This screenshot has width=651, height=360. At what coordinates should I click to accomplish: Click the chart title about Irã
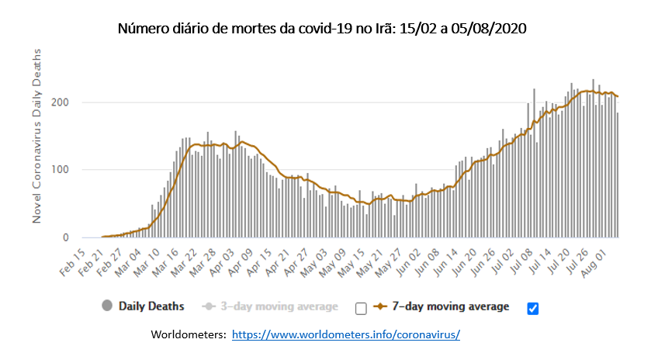click(322, 29)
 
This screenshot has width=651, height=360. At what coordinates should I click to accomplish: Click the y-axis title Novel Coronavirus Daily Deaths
click(37, 136)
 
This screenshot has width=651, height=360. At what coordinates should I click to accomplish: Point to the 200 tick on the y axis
click(60, 102)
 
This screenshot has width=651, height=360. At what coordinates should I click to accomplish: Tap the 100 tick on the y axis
click(60, 169)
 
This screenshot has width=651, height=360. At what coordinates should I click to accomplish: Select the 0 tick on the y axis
click(66, 237)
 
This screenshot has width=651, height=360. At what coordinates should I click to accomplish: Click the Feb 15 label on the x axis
click(72, 262)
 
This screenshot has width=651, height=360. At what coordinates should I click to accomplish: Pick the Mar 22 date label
click(184, 262)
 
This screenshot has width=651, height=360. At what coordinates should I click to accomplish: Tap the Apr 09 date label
click(240, 262)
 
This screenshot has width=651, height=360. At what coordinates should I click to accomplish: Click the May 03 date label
click(314, 262)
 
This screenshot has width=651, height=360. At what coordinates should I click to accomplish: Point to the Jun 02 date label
click(407, 262)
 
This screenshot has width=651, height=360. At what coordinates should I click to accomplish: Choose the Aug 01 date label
click(595, 262)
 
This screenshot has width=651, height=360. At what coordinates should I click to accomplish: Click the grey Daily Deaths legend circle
click(107, 306)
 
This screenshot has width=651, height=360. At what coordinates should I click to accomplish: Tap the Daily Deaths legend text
click(151, 306)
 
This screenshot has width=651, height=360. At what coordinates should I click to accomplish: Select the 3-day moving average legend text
click(279, 306)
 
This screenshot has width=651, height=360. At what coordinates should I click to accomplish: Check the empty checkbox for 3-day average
click(362, 309)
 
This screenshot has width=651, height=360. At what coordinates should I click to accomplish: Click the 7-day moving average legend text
click(451, 306)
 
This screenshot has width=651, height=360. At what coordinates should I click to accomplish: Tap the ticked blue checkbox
click(533, 309)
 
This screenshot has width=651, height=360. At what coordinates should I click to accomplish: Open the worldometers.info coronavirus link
click(346, 334)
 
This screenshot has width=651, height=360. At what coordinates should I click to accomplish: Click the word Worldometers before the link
click(189, 334)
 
